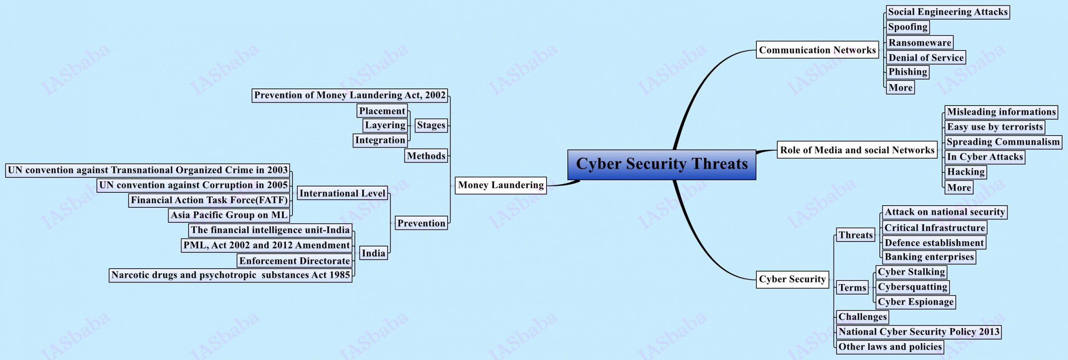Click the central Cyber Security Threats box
[x=662, y=164]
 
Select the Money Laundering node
[x=501, y=185]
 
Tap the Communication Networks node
[x=817, y=50]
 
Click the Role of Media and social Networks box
[x=857, y=150]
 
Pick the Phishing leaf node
[x=907, y=72]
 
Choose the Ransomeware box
[x=919, y=43]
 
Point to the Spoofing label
[x=907, y=27]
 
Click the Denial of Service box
[x=926, y=58]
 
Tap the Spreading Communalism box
[x=1003, y=142]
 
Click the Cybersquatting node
[x=912, y=287]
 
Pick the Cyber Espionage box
[x=915, y=302]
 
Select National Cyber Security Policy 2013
[x=919, y=332]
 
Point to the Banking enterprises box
[x=929, y=257]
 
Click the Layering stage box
[x=385, y=125]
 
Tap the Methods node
[x=426, y=156]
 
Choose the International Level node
[x=342, y=193]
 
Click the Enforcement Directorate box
[x=295, y=261]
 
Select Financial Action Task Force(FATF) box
[x=209, y=200]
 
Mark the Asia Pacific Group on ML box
[x=229, y=215]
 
